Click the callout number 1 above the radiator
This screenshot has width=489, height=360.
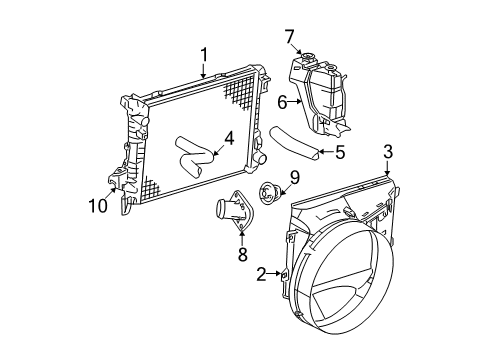(x=203, y=54)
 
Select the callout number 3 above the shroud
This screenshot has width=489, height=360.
(x=389, y=152)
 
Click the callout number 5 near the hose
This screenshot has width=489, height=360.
(x=339, y=152)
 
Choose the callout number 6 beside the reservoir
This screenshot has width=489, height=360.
(x=282, y=101)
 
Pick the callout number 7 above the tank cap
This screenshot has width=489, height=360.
(x=290, y=38)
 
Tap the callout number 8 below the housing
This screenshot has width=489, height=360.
(x=241, y=255)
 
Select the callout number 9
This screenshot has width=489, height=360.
(x=293, y=178)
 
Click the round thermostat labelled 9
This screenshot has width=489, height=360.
(x=269, y=192)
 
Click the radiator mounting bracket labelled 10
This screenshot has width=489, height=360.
(x=125, y=180)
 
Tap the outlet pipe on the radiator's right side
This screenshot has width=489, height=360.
(x=261, y=159)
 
